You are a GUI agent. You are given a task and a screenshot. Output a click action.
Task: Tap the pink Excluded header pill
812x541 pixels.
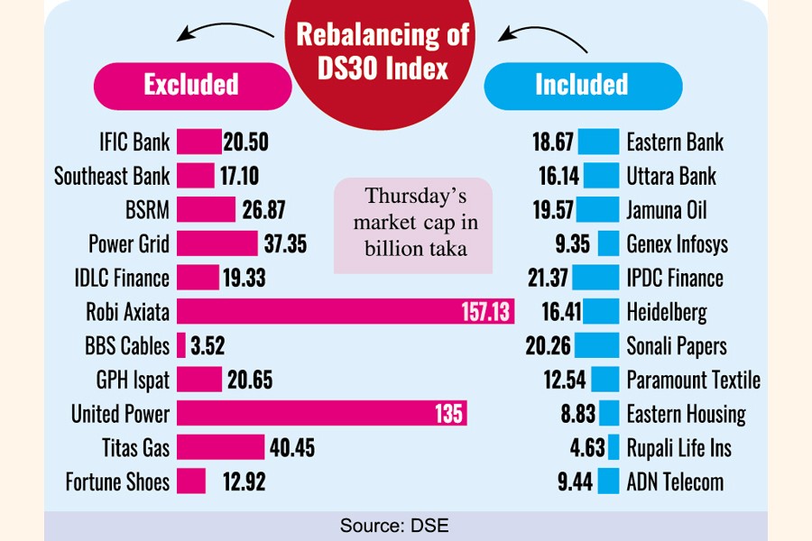190,86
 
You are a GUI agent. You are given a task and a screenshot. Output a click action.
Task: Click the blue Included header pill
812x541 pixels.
581,86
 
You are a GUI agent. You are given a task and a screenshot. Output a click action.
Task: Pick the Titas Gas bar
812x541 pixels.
220,447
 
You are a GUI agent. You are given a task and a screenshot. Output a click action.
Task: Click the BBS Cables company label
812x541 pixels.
126,346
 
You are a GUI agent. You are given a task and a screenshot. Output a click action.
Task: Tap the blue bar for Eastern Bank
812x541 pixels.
598,142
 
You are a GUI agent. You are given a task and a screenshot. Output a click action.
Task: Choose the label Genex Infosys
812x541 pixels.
677,244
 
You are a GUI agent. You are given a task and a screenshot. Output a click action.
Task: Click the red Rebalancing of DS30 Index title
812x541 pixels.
384,52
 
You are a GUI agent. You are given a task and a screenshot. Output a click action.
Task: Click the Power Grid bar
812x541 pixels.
217,244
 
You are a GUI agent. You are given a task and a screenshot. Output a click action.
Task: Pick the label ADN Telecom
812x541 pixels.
675,481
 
